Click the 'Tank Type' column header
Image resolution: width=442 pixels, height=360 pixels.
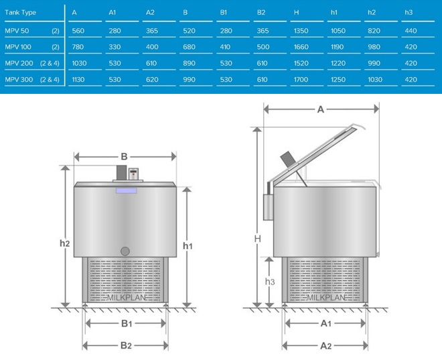coord(20,13)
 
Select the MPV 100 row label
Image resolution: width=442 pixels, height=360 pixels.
coord(18,47)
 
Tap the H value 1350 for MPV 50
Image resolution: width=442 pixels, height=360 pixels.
coord(301,31)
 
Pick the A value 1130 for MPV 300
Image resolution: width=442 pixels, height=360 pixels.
coord(78,80)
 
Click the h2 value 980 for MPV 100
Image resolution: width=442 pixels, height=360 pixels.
coord(374,47)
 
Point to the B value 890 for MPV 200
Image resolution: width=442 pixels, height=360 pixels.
coord(189,63)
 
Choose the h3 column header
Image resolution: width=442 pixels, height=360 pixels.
coord(409,13)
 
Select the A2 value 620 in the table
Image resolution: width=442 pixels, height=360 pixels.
coord(152,80)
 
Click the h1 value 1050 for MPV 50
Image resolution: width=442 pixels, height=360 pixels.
coord(338,31)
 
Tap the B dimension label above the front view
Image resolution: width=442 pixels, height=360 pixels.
coord(124,156)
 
